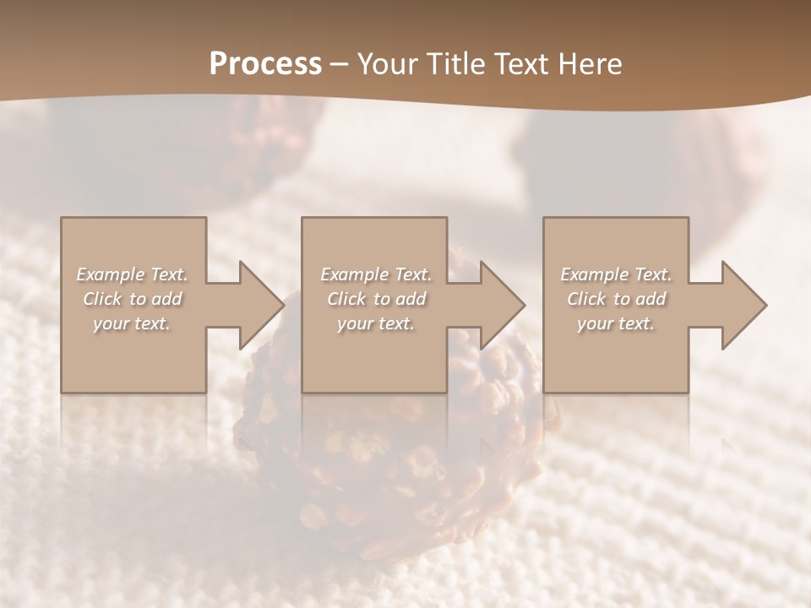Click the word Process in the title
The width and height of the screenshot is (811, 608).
tap(265, 64)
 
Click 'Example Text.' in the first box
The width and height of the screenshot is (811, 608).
tap(132, 274)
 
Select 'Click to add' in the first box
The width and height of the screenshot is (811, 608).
tap(132, 299)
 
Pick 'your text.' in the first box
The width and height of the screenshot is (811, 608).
tap(132, 323)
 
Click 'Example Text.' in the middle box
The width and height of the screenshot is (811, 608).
tap(376, 274)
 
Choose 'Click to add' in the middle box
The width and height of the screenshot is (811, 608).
tap(376, 299)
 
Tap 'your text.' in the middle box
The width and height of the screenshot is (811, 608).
tap(376, 323)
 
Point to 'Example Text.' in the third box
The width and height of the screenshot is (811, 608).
tap(616, 274)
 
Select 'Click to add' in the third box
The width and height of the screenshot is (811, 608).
tap(616, 299)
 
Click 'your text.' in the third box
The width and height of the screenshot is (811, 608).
tap(616, 323)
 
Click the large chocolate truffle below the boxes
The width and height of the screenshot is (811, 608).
tap(397, 456)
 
